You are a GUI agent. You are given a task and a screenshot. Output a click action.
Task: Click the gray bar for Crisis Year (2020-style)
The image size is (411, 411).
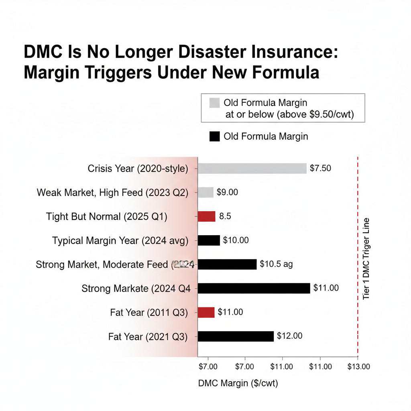tap(252, 168)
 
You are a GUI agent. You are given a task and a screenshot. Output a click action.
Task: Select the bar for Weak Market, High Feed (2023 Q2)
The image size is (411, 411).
tap(205, 192)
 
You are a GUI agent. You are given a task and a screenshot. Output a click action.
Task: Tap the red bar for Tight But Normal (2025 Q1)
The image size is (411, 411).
tap(207, 216)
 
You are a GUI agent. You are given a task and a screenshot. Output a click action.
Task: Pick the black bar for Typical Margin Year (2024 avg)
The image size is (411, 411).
tap(209, 240)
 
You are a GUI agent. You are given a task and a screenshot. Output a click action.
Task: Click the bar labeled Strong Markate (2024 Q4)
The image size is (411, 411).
tap(254, 288)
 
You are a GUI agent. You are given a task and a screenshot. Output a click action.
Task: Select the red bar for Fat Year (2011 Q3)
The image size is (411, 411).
tap(206, 312)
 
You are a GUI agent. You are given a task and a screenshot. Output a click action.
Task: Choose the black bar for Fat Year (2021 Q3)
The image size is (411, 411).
tap(236, 336)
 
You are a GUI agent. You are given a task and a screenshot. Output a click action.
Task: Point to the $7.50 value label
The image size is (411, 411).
tap(321, 168)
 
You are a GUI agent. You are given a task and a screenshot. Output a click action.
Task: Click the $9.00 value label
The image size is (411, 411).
tap(227, 192)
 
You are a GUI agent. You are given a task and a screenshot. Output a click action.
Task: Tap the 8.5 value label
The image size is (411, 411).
tap(225, 216)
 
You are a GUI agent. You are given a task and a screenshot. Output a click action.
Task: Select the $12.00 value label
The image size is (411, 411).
tap(290, 336)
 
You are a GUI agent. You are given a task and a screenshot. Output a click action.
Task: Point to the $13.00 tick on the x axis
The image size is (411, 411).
tap(359, 366)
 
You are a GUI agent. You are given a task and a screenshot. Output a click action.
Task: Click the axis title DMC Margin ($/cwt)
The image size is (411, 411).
tap(238, 383)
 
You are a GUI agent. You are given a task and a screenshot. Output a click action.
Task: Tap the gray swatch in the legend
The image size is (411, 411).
tap(215, 103)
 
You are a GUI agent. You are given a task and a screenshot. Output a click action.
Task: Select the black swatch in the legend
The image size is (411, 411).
tap(215, 136)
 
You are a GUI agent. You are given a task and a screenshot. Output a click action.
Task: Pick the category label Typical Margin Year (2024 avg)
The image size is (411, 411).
tap(120, 241)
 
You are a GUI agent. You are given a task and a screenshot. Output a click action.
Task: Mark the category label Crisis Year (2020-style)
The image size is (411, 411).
tap(138, 169)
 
